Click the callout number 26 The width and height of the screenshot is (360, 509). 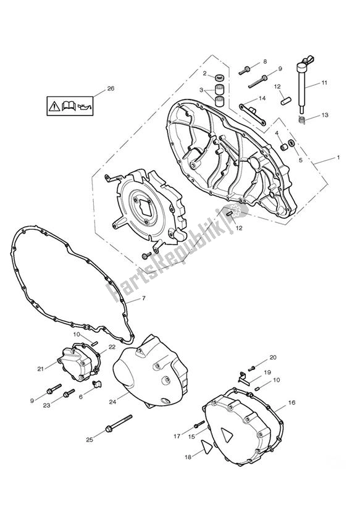click(111, 88)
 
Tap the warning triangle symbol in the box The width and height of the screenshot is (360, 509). click(54, 106)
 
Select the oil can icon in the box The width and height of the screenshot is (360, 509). click(85, 106)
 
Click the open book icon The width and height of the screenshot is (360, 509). click(69, 106)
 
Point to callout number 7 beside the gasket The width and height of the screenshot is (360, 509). click(144, 298)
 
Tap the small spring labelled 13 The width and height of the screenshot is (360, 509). click(301, 119)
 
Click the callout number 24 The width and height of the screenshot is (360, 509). click(112, 402)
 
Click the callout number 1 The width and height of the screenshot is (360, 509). click(338, 158)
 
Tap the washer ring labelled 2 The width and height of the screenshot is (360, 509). click(220, 78)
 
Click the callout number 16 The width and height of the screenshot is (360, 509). click(291, 403)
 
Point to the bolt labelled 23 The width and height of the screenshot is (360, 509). click(68, 394)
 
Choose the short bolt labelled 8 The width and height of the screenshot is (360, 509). click(245, 70)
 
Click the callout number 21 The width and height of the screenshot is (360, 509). click(40, 368)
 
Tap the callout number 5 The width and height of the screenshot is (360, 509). click(300, 160)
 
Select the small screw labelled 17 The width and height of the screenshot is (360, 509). click(199, 424)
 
